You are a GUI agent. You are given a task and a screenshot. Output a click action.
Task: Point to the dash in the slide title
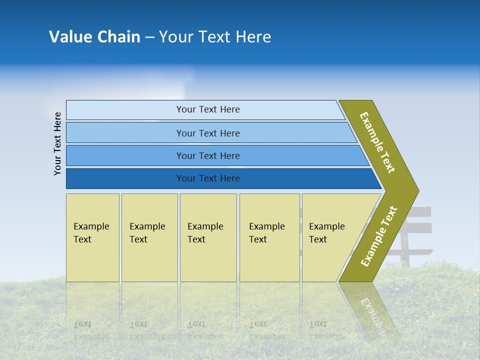pyautogui.click(x=149, y=37)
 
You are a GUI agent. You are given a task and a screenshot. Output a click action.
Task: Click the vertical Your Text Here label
pyautogui.click(x=57, y=143)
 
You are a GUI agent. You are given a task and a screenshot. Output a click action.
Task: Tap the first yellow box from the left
pyautogui.click(x=92, y=237)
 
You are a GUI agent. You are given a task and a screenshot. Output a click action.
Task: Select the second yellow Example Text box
pyautogui.click(x=149, y=237)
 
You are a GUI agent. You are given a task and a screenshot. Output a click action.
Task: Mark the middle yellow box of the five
pyautogui.click(x=208, y=237)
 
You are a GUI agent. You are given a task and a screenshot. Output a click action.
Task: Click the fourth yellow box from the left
pyautogui.click(x=269, y=237)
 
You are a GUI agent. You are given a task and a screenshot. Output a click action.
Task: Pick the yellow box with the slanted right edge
pyautogui.click(x=330, y=237)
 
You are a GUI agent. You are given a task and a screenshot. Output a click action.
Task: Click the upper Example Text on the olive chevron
pyautogui.click(x=377, y=142)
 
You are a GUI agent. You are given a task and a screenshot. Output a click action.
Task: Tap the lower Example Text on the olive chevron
pyautogui.click(x=379, y=236)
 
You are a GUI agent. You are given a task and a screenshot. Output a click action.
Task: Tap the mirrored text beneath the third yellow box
pyautogui.click(x=205, y=330)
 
